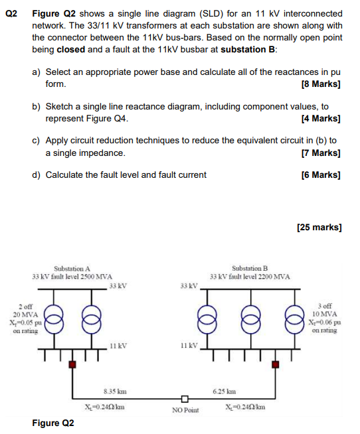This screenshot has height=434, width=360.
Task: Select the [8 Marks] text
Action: (x=321, y=85)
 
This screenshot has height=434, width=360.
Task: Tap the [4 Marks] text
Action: (x=321, y=119)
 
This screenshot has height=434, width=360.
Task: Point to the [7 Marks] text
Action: (x=321, y=153)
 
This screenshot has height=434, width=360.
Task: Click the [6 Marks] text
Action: (x=321, y=175)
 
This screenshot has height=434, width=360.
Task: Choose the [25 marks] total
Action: (x=319, y=227)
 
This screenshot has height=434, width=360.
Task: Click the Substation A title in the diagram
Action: (x=72, y=268)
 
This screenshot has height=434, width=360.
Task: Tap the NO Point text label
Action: (x=185, y=411)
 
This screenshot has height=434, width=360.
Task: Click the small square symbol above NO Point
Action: (x=185, y=399)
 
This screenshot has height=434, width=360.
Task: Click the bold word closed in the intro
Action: (x=72, y=50)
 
